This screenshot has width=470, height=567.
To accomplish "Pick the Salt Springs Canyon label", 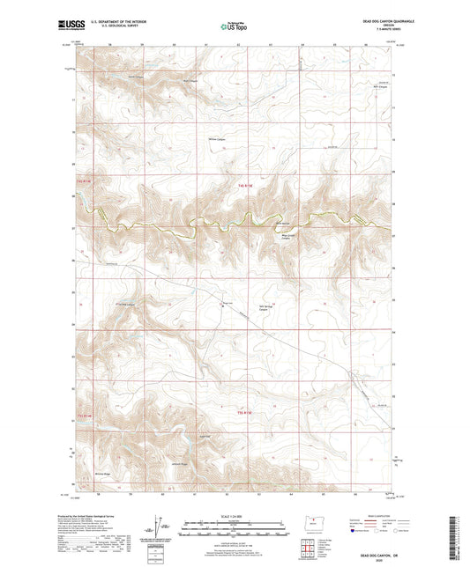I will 268,308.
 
